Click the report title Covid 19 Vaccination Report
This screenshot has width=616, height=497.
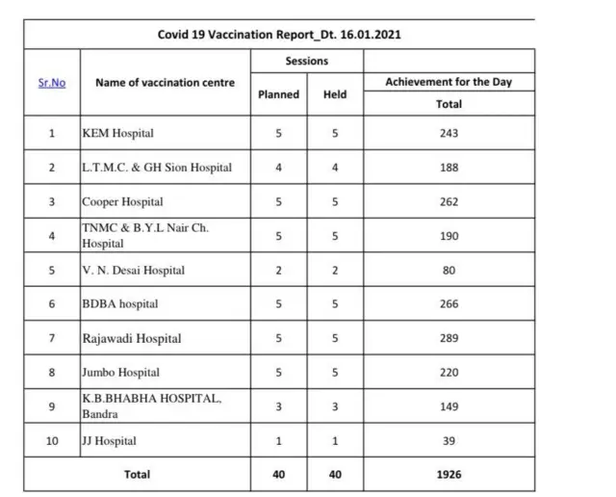pos(279,35)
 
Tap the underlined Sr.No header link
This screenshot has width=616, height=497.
pos(52,83)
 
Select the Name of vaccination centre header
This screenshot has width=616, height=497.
pos(165,83)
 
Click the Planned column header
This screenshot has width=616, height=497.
pos(278,94)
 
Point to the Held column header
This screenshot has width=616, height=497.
pos(335,94)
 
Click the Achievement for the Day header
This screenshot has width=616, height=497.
pos(449,83)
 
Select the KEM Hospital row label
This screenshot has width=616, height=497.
pos(117,133)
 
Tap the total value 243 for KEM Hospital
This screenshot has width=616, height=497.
pos(449,133)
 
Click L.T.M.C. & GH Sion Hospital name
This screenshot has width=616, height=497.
pos(157,168)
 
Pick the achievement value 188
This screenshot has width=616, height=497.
pos(449,168)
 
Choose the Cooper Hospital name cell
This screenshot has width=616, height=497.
pos(122,202)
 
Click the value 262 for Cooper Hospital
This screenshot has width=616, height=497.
pos(449,202)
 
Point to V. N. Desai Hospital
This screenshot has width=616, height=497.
pos(133,271)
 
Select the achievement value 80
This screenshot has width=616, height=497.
pos(449,271)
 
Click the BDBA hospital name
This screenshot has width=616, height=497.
pos(119,304)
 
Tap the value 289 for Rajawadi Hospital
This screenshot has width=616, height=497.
pos(449,339)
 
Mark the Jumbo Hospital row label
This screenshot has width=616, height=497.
pos(120,373)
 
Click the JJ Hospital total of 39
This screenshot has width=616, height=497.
pos(449,441)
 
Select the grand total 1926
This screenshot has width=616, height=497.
pos(449,475)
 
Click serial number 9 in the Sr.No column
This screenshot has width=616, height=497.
pos(52,406)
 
